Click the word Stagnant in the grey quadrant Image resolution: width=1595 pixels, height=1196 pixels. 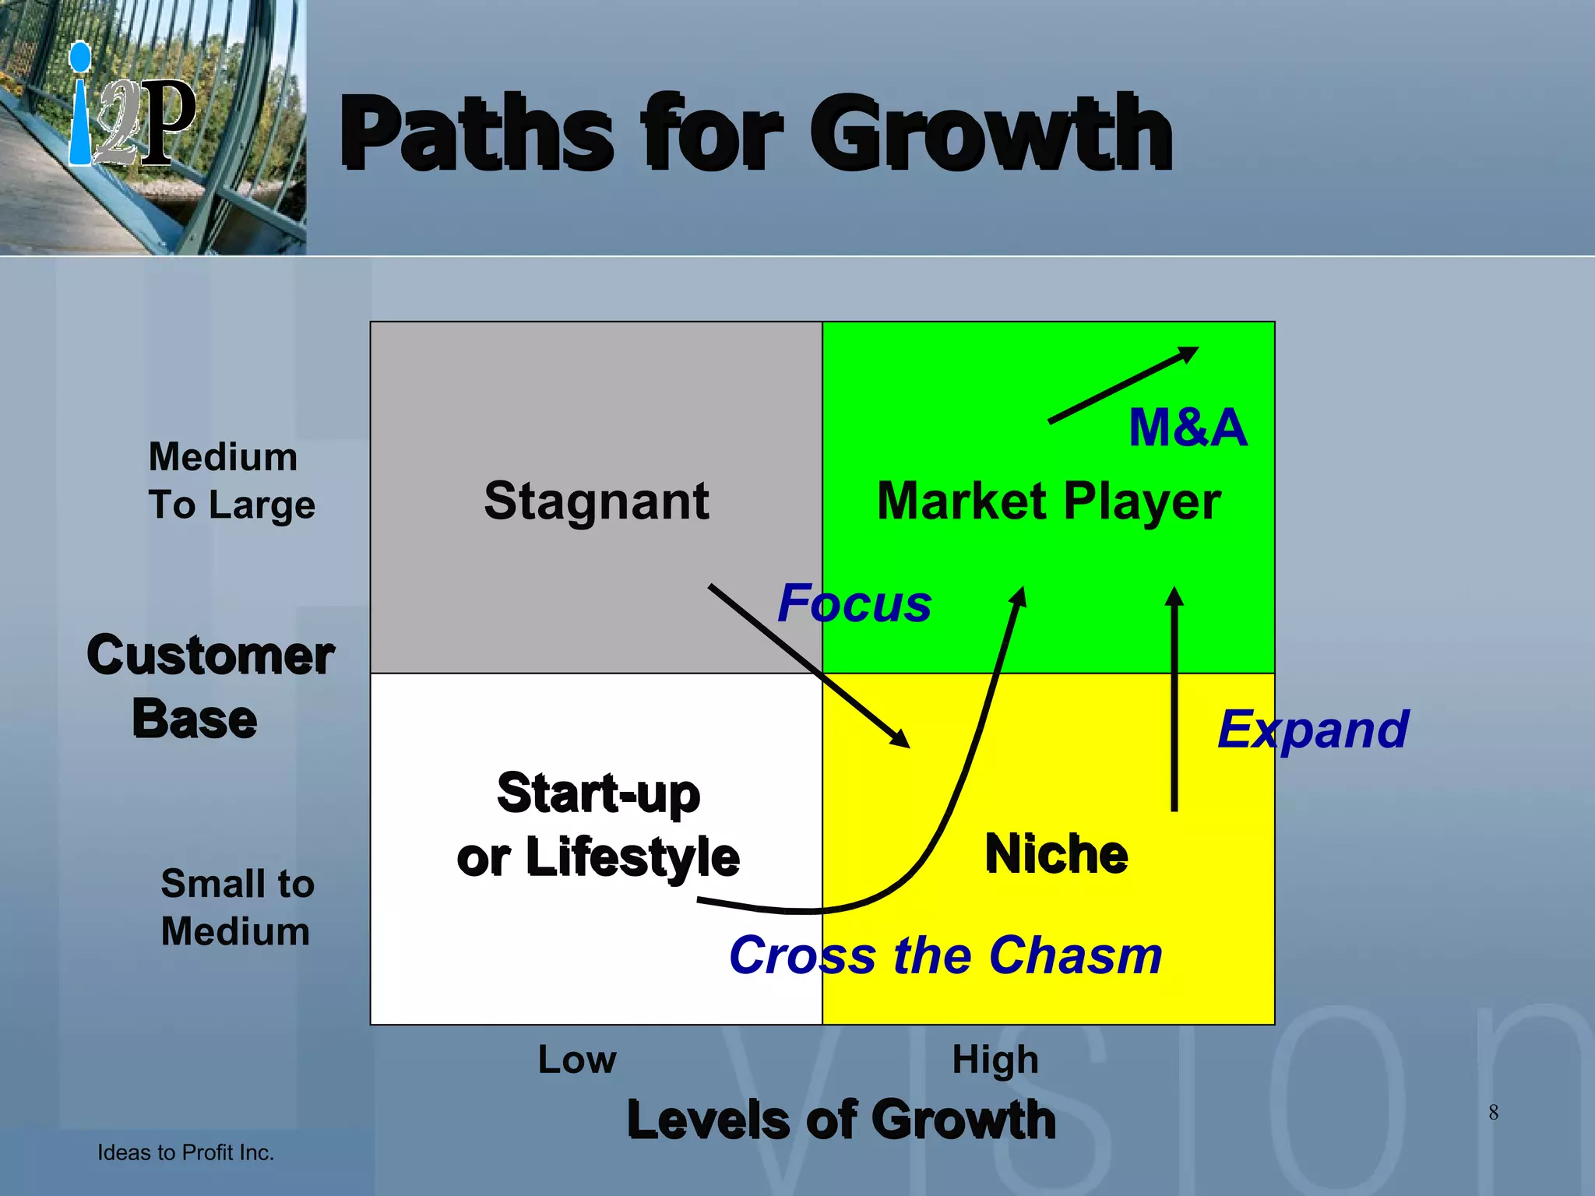coord(596,501)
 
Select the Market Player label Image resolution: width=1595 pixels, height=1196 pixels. coord(1048,501)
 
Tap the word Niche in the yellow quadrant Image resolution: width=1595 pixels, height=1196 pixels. coord(1056,854)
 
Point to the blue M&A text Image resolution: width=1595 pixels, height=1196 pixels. coord(1188,427)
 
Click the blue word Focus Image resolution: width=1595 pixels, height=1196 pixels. coord(854,603)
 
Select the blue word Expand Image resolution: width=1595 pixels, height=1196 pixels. coord(1313,730)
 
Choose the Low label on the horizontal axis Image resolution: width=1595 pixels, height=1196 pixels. coord(577,1060)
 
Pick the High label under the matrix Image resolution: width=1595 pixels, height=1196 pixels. coord(995,1060)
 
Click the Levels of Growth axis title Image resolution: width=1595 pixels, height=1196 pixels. coord(841,1120)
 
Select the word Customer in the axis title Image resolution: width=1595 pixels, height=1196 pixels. coord(210,655)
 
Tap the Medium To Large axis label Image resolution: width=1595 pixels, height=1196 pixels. coord(231,480)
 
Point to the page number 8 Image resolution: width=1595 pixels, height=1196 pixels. coord(1493,1112)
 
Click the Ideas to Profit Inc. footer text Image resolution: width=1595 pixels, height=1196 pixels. coord(185,1152)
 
